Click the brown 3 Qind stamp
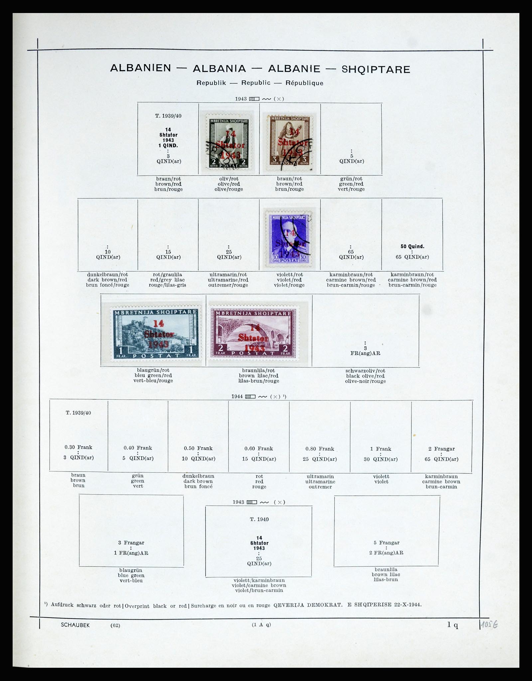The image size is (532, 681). (290, 141)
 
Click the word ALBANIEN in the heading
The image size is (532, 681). (140, 68)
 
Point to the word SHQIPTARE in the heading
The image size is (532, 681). (376, 69)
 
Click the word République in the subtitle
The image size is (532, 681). (304, 83)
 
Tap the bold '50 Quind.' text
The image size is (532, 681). (412, 247)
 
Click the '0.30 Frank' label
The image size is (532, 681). (78, 448)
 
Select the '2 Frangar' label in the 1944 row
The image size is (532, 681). (442, 449)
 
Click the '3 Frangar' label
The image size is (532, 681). (131, 543)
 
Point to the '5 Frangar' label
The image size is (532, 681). (386, 543)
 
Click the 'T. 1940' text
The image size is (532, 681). (259, 519)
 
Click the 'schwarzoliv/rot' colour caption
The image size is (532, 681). (365, 371)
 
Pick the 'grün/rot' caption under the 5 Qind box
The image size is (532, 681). (351, 179)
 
